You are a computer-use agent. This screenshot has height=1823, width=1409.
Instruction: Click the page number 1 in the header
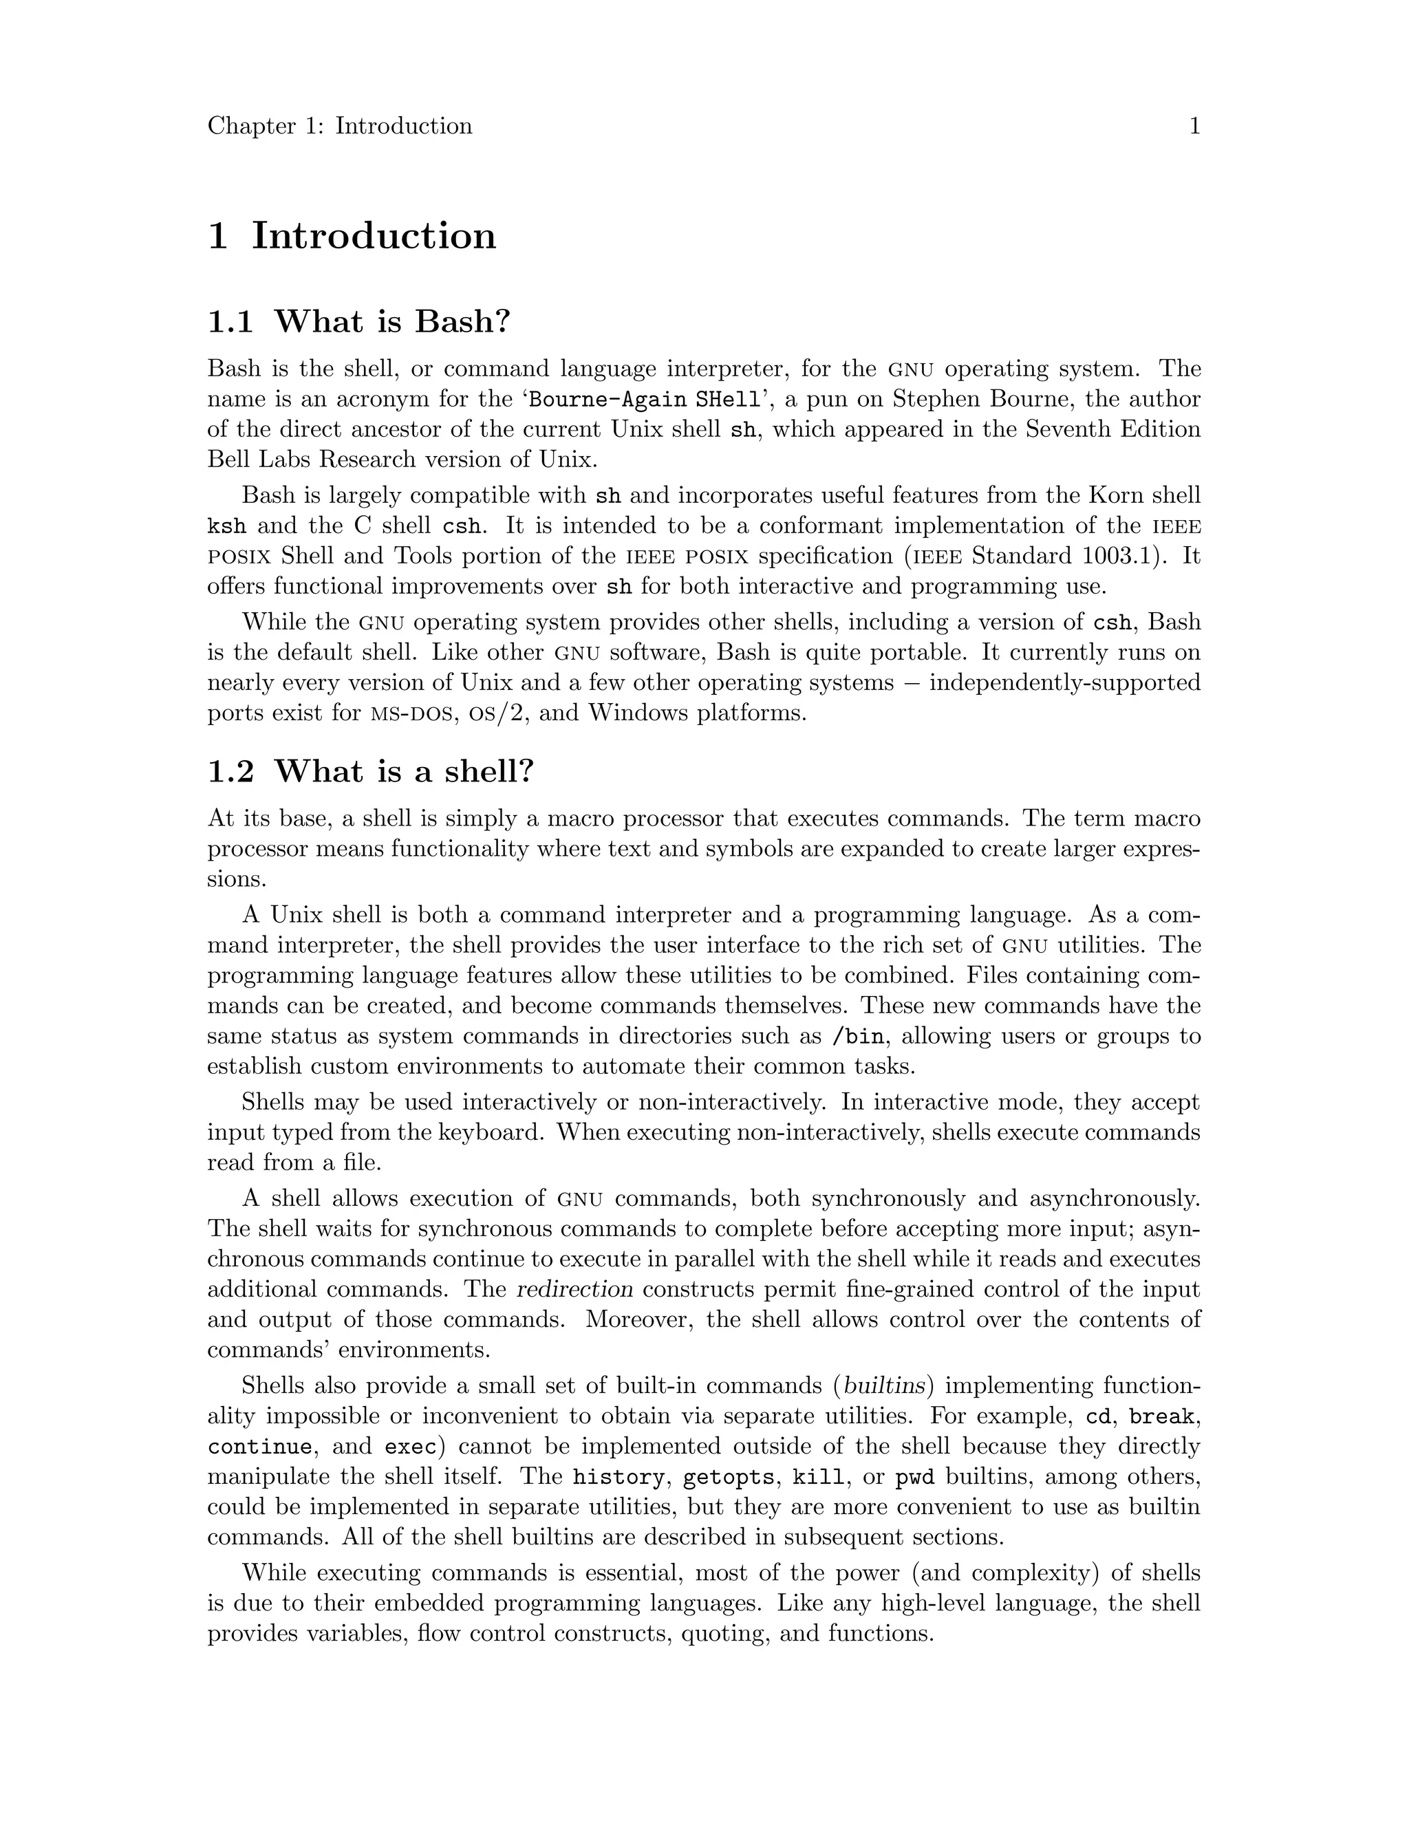click(x=1194, y=126)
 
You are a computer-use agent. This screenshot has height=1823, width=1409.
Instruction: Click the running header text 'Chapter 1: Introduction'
click(x=340, y=126)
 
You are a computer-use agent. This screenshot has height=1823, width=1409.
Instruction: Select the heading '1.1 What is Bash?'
click(x=358, y=321)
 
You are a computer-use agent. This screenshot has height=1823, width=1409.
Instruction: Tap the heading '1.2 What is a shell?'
click(x=369, y=771)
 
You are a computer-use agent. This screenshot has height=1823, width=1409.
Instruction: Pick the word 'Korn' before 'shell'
click(x=1115, y=495)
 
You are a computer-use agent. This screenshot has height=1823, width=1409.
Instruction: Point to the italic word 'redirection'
click(x=575, y=1290)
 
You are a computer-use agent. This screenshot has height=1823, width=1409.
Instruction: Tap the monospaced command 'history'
click(x=619, y=1478)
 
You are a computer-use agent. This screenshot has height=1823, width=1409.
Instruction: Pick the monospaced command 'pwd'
click(x=914, y=1478)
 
